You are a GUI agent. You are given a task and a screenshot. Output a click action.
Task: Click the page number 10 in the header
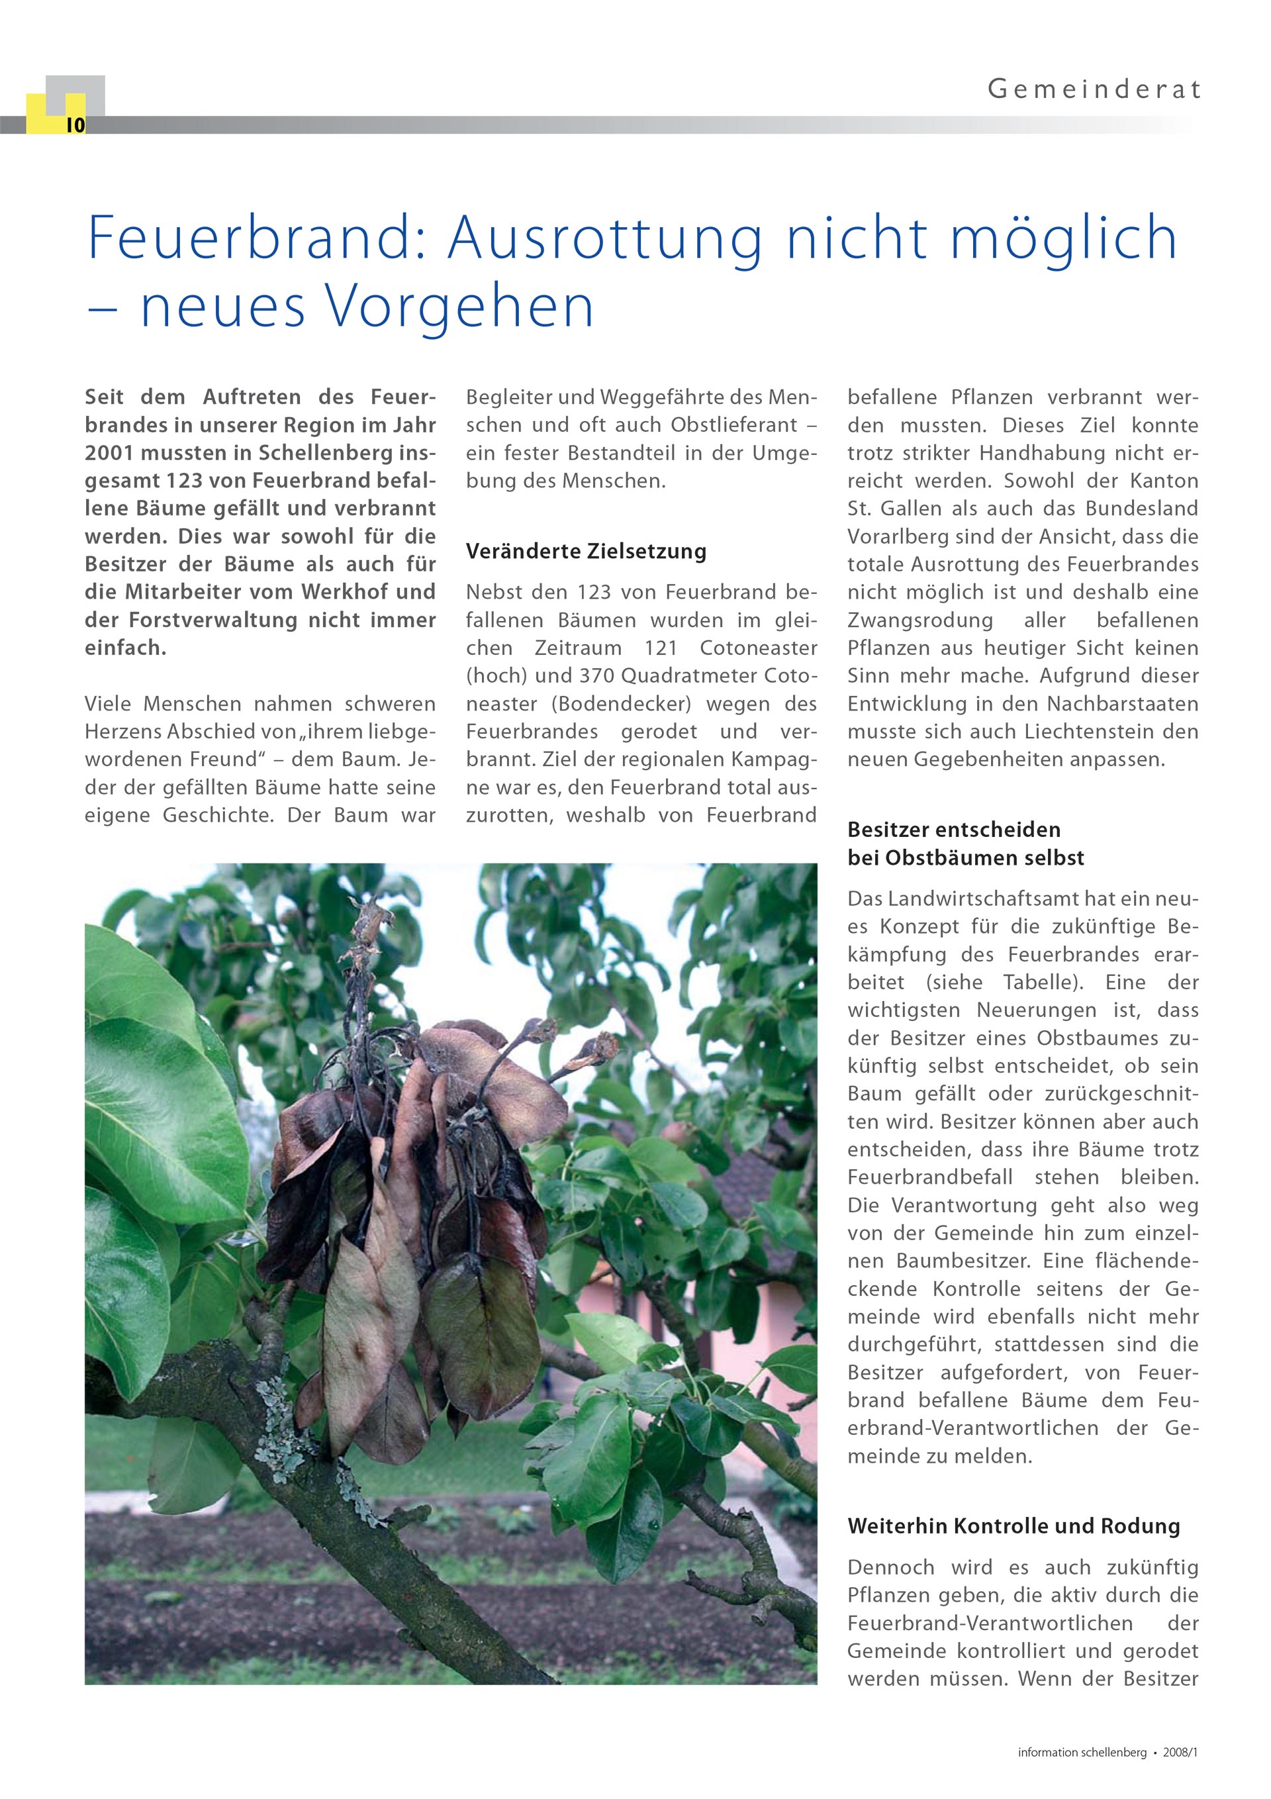tap(75, 125)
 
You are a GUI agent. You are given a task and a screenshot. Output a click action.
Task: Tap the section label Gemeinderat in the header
tap(1094, 90)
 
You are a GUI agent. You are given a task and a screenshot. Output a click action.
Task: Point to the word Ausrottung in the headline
tap(604, 238)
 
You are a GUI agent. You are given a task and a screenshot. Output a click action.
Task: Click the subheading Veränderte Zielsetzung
tap(586, 552)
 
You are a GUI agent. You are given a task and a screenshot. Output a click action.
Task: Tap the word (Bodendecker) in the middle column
tap(622, 704)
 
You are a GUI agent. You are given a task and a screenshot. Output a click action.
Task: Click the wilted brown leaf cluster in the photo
tap(408, 1214)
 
